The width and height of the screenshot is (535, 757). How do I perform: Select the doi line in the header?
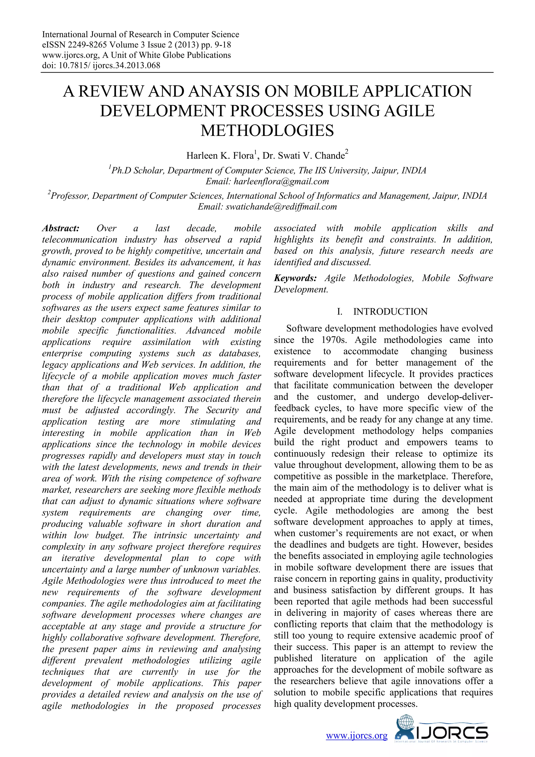pos(101,65)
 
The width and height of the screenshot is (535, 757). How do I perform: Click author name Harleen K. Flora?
pos(220,156)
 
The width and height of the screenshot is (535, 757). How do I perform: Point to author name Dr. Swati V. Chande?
pos(303,156)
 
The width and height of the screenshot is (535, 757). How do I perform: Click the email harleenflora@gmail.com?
pos(281,181)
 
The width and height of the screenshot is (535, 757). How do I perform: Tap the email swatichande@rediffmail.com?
pos(281,207)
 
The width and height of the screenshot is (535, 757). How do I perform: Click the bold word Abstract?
pos(61,228)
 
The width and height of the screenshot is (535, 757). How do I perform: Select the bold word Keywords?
pos(295,278)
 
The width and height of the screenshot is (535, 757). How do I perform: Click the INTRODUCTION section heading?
pos(390,312)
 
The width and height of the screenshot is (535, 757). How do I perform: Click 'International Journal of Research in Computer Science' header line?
pos(141,35)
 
